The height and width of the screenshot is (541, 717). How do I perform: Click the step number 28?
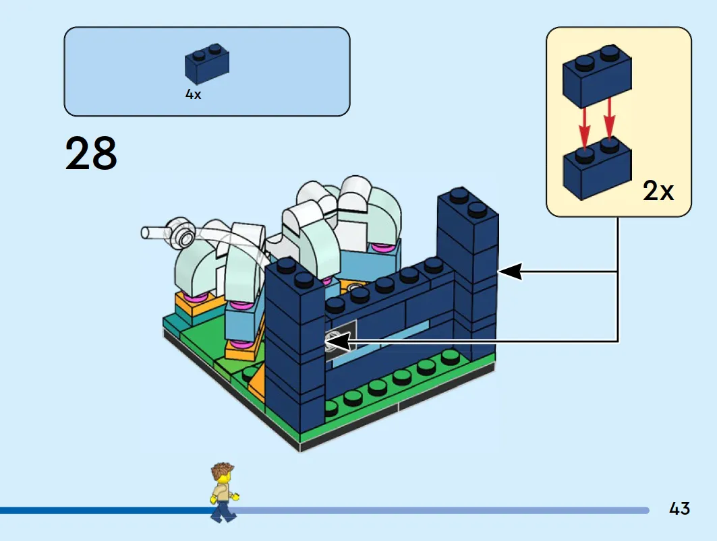tap(91, 154)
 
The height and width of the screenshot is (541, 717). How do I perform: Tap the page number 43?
tap(679, 508)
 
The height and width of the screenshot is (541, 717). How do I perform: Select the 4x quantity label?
tap(193, 94)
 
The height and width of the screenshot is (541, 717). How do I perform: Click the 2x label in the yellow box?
tap(658, 191)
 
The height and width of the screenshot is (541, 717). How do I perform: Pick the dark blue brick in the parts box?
tap(206, 64)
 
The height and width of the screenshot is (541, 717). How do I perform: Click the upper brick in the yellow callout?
tap(597, 77)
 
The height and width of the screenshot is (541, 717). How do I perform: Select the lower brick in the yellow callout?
tap(597, 168)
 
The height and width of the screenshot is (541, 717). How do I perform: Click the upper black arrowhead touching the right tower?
tap(510, 272)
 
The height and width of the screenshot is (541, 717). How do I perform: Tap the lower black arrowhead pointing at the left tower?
tap(337, 342)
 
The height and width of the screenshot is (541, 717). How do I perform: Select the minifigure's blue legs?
tap(223, 511)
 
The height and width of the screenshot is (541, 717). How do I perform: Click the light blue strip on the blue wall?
tap(380, 343)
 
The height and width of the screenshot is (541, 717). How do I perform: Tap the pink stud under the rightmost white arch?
tap(382, 248)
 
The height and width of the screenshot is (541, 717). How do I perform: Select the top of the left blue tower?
tap(295, 274)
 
